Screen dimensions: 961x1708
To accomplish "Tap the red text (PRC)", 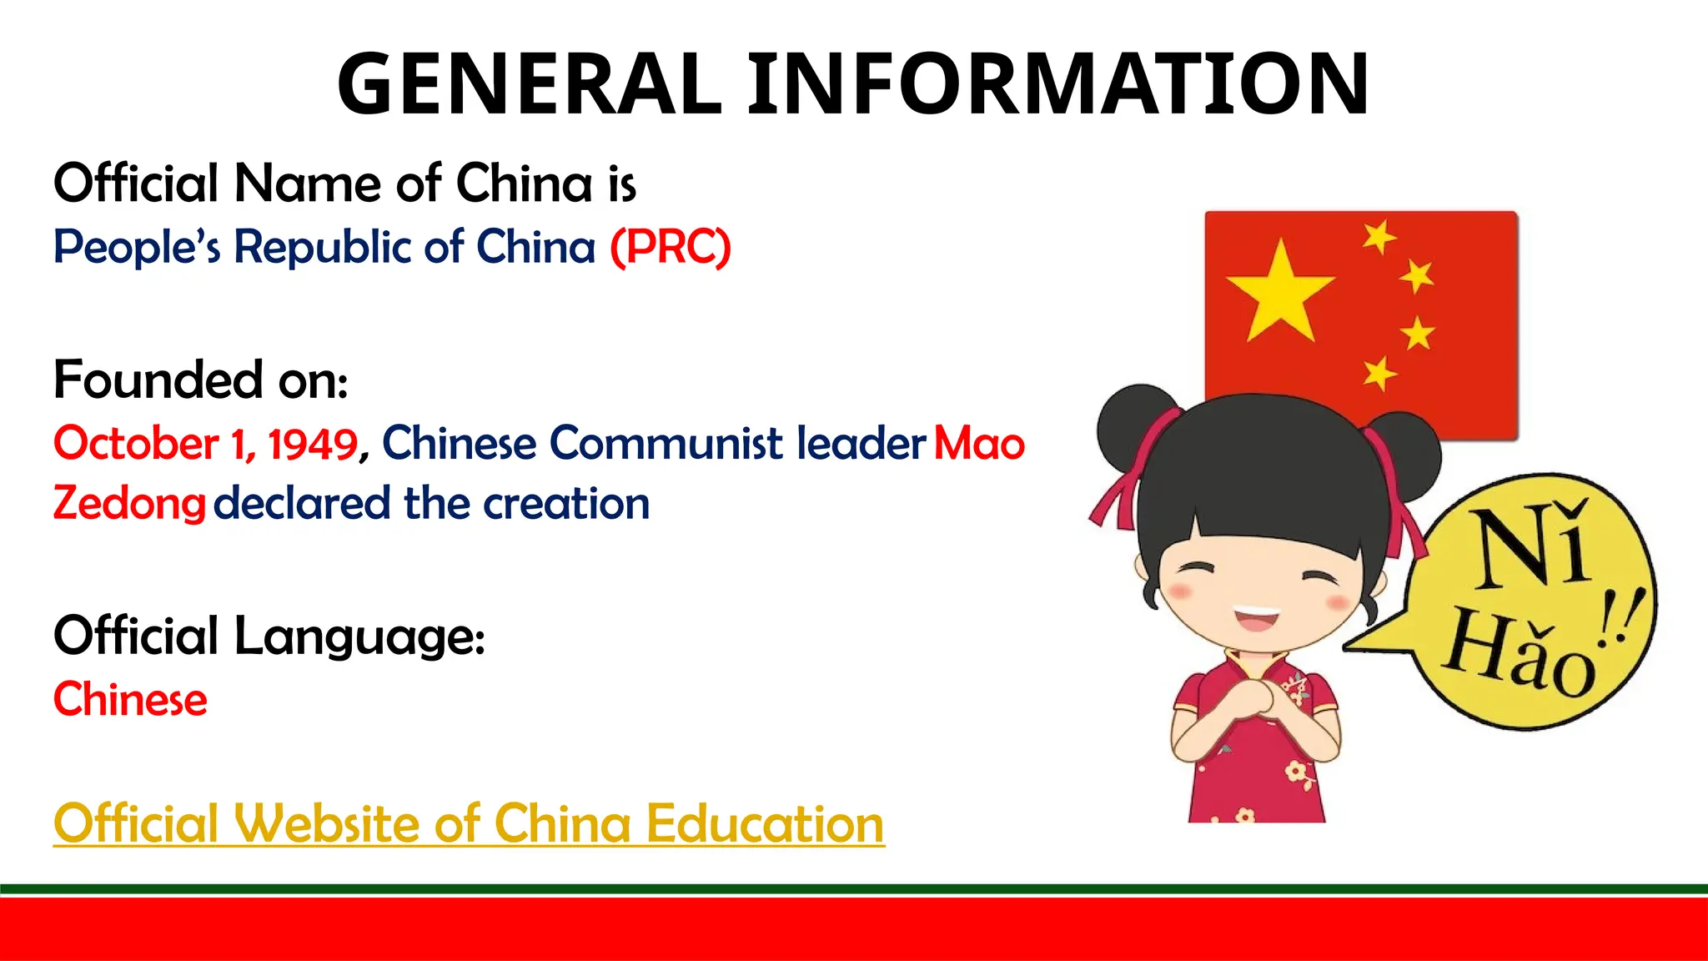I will [x=671, y=247].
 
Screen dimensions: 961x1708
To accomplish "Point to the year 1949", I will [x=313, y=443].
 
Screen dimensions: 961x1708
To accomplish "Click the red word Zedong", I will [x=129, y=504].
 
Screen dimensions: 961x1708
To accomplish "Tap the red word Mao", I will [x=979, y=443].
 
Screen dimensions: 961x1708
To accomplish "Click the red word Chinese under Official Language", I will [x=130, y=699].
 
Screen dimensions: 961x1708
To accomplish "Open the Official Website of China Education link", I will [x=469, y=824].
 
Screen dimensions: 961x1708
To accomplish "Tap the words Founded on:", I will [x=200, y=380].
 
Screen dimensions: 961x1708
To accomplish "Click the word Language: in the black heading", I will [x=359, y=636].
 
